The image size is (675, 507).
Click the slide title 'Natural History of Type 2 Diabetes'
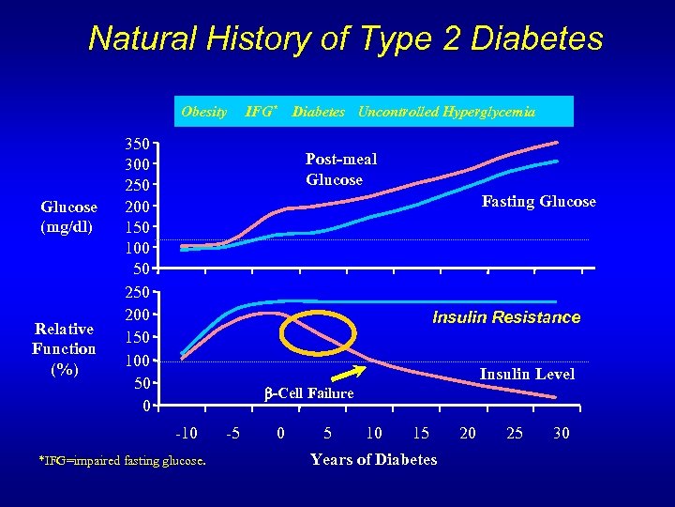[x=345, y=39]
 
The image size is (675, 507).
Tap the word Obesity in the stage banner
[x=203, y=112]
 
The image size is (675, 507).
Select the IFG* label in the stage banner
[x=262, y=112]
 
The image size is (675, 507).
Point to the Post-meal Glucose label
[x=341, y=169]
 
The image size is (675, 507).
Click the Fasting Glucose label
[x=538, y=201]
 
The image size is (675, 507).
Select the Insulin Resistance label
[x=506, y=317]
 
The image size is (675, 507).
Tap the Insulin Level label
[x=527, y=374]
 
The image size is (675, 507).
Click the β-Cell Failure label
[x=311, y=393]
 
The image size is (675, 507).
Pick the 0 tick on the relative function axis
[x=142, y=407]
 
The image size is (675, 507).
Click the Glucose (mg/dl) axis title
[x=68, y=217]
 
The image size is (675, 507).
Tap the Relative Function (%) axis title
[x=65, y=348]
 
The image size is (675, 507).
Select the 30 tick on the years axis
[x=561, y=433]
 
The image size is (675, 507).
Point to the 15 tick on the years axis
[x=420, y=433]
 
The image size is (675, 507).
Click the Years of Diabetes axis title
[x=373, y=459]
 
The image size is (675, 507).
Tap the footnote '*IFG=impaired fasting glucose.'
[x=122, y=459]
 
